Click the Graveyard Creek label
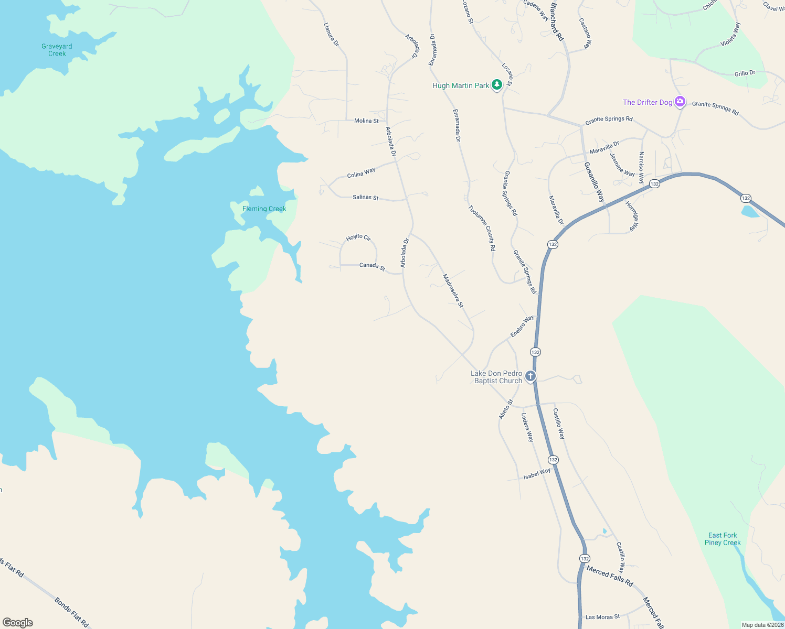coord(57,50)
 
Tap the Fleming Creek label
coord(264,209)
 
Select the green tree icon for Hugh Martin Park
coord(496,84)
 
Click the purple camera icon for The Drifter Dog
coord(680,102)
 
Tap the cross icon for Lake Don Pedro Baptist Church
coord(531,376)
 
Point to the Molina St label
coord(366,121)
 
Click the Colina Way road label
coord(361,172)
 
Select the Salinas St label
coord(365,197)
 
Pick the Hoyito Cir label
coord(358,237)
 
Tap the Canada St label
coord(372,266)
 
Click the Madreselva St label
coord(453,290)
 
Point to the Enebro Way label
coord(522,326)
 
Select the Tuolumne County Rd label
coord(482,228)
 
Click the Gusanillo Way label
coord(595,182)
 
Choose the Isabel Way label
coord(537,474)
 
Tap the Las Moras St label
coord(602,617)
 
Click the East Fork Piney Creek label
coord(723,539)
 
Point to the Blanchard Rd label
coord(557,22)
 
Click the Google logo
coord(18,623)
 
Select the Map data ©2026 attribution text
coord(762,625)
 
